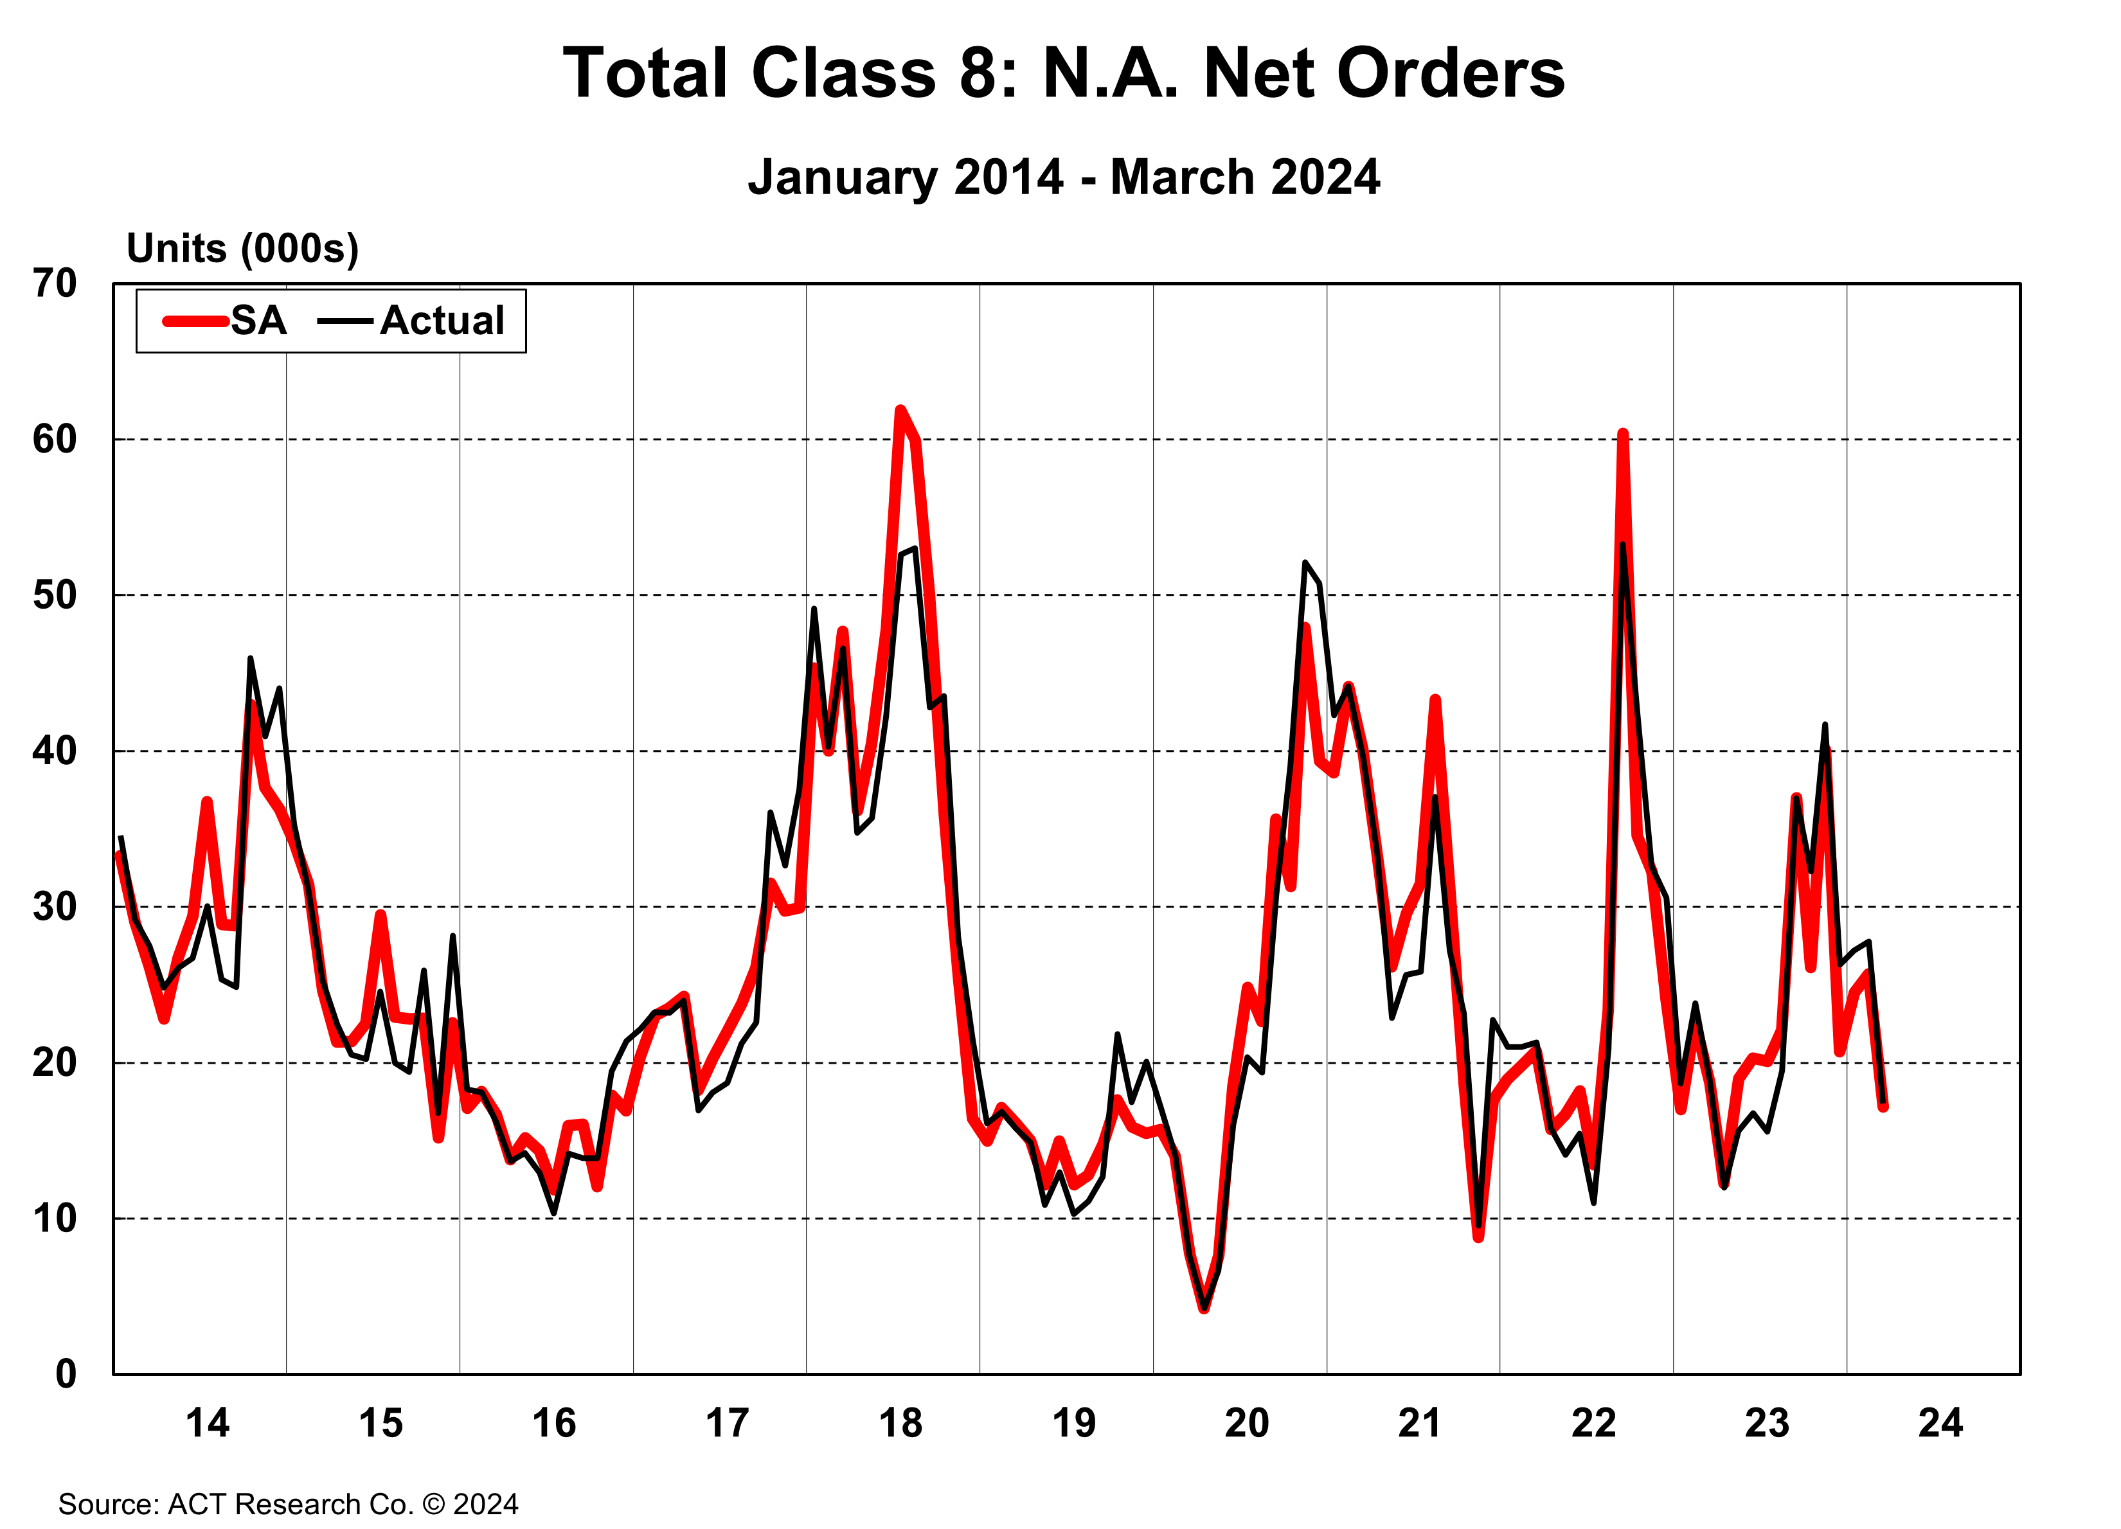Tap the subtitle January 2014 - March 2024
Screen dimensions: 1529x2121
pyautogui.click(x=1063, y=177)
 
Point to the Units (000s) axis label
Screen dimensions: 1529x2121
pyautogui.click(x=242, y=249)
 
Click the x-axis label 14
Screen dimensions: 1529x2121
pyautogui.click(x=207, y=1424)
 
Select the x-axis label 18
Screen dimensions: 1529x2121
pyautogui.click(x=900, y=1424)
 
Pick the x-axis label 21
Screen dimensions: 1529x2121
pyautogui.click(x=1420, y=1424)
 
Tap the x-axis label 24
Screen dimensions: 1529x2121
pyautogui.click(x=1940, y=1424)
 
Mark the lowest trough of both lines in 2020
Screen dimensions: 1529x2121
pyautogui.click(x=1204, y=1307)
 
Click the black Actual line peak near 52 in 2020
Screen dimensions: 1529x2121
pyautogui.click(x=1305, y=563)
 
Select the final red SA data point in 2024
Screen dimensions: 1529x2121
pyautogui.click(x=1883, y=1106)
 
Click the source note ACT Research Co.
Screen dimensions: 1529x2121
pyautogui.click(x=288, y=1504)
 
